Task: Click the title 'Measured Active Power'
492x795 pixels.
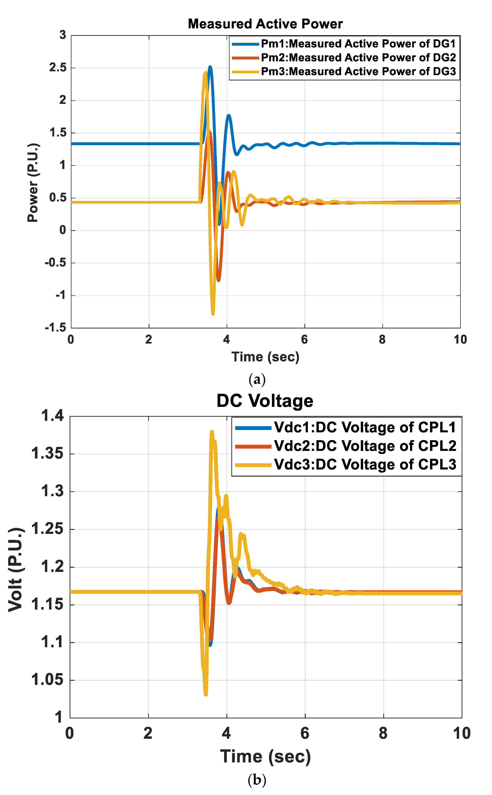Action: tap(265, 24)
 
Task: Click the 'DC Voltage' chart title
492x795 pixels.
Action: tap(265, 401)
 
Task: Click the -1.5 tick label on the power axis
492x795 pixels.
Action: tap(55, 328)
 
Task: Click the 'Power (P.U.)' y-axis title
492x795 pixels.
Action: tap(33, 182)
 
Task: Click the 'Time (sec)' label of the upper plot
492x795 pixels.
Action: tap(265, 357)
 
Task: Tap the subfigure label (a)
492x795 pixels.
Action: tap(257, 379)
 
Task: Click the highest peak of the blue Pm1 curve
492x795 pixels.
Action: tap(210, 67)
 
